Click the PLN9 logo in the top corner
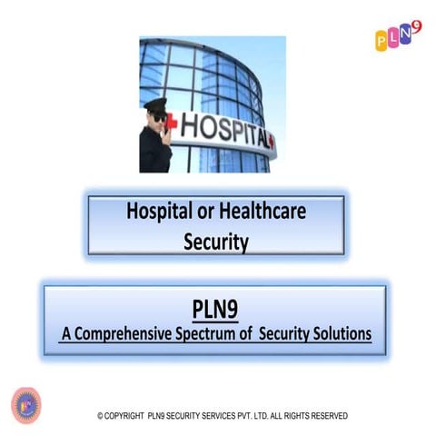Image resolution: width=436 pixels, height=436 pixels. tap(399, 37)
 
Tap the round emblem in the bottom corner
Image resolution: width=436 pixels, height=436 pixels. tap(26, 404)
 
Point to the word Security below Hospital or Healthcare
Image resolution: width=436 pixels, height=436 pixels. tap(215, 241)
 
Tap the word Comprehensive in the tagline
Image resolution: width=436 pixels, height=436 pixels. tap(127, 334)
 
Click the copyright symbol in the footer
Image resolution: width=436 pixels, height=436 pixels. tap(101, 416)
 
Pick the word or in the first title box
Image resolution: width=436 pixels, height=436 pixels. tap(204, 213)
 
